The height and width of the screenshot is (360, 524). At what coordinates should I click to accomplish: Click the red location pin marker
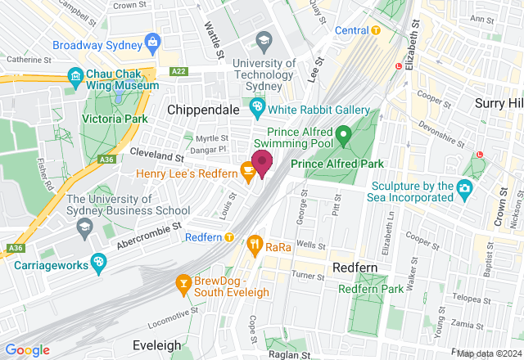click(x=262, y=163)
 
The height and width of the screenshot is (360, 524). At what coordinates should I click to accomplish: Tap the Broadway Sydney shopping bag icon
click(x=151, y=41)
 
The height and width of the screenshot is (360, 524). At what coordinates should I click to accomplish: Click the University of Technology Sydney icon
click(x=264, y=39)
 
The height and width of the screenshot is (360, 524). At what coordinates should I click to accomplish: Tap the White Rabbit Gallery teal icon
click(x=258, y=106)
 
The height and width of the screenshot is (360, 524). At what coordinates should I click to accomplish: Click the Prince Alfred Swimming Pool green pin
click(x=344, y=133)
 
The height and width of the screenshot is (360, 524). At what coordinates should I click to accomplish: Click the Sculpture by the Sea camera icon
click(x=464, y=188)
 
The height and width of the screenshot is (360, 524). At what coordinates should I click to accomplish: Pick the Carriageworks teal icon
click(x=98, y=263)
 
